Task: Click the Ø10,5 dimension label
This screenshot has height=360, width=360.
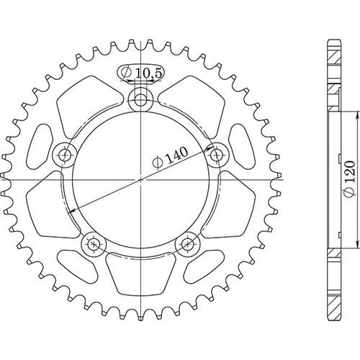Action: [142, 72]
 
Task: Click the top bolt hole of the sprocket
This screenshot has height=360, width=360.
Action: [140, 100]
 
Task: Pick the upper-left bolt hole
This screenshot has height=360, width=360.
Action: [65, 155]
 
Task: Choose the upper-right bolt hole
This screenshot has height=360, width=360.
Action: [217, 155]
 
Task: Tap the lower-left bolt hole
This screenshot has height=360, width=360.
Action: [94, 244]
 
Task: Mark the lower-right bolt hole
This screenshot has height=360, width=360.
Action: [187, 244]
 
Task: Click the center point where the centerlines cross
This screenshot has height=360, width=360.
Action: [140, 179]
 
